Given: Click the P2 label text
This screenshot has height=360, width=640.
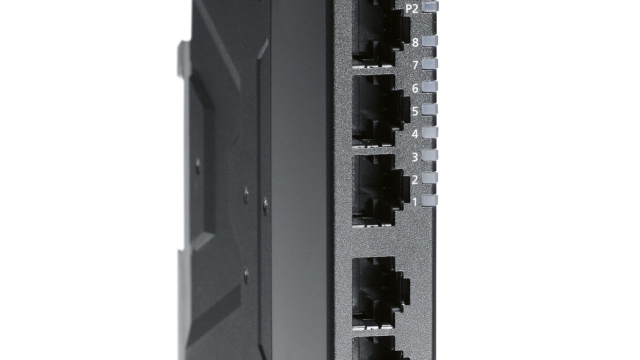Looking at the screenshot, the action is coord(412,9).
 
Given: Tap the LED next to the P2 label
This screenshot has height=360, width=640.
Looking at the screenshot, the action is coord(430,7).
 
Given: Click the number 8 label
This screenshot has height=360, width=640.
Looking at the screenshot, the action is coord(415,42).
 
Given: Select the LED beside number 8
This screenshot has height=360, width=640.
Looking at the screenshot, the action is coord(430,41).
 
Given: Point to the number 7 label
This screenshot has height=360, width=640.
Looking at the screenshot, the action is coord(415,66).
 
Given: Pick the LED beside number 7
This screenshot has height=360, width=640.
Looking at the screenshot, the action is coord(430,63).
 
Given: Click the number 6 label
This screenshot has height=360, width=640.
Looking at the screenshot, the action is coord(415,89).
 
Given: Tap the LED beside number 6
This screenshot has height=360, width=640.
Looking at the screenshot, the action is coord(430,87).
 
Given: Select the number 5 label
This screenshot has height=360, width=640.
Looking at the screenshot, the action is coord(415,111).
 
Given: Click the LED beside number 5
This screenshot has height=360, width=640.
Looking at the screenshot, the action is coord(430,109).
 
